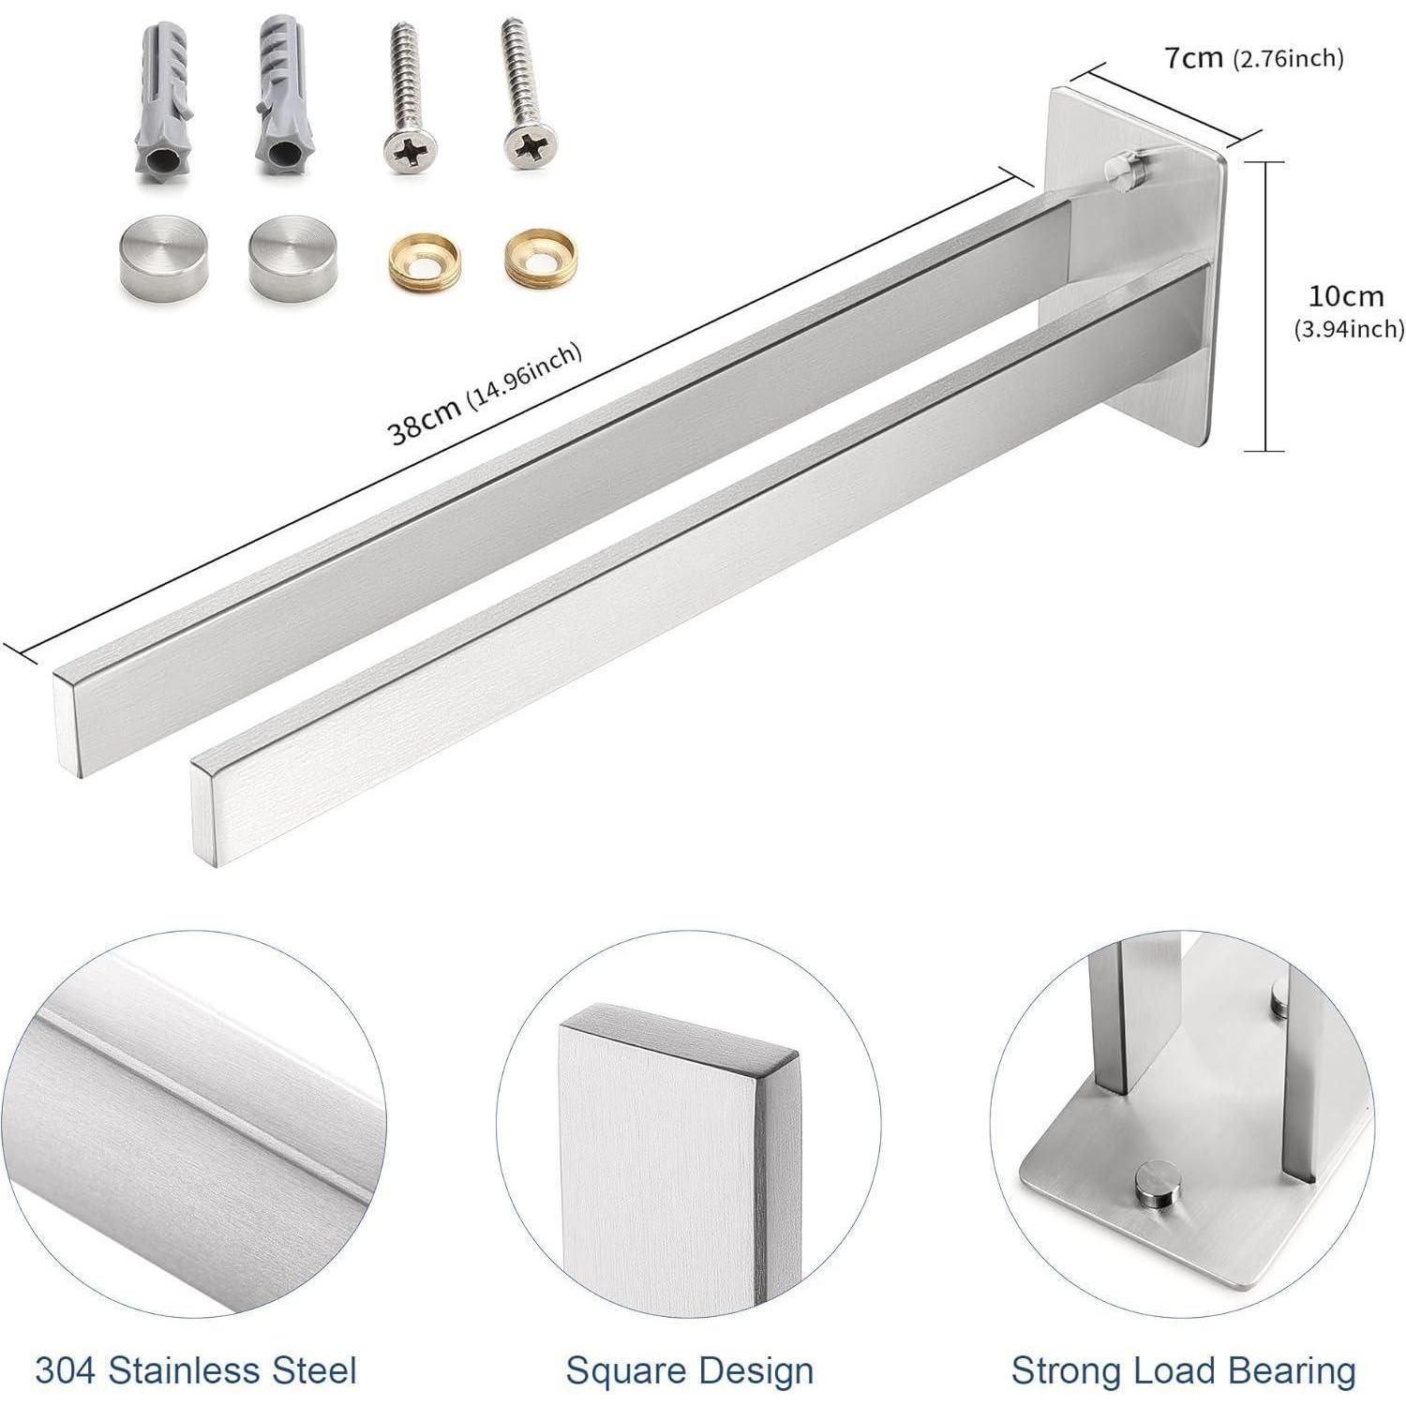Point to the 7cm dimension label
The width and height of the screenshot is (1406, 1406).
[x=1193, y=58]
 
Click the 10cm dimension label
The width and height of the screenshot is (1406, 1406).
[x=1346, y=296]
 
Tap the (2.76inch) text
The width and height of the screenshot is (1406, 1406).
[x=1288, y=59]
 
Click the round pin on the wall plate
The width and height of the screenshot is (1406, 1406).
[x=1121, y=171]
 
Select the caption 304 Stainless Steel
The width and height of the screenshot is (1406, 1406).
[x=196, y=1370]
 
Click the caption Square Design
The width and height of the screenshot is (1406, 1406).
[x=690, y=1370]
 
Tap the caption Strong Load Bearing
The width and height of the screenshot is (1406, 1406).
[x=1184, y=1370]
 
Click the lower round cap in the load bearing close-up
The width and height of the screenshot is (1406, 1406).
[x=1156, y=1187]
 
